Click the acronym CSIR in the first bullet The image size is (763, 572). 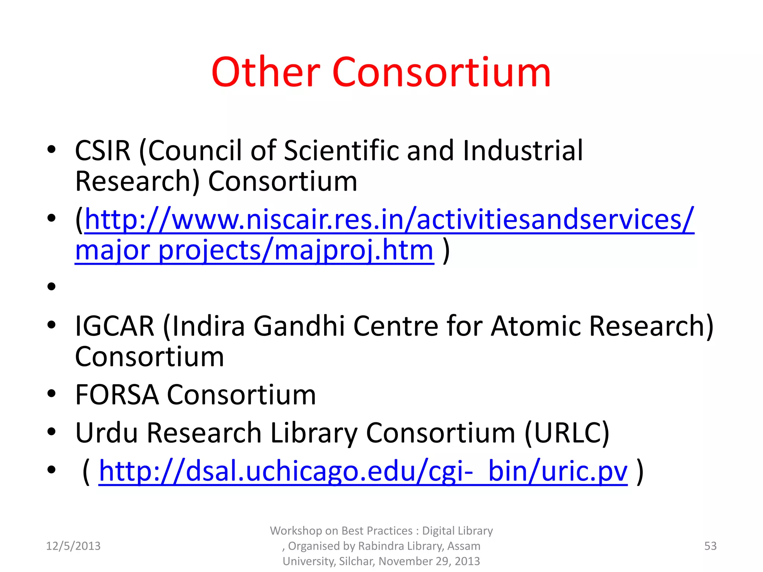(x=103, y=150)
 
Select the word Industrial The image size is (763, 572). (x=522, y=150)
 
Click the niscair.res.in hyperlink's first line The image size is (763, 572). (x=389, y=220)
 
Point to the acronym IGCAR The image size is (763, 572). (x=114, y=326)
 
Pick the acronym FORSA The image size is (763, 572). (x=117, y=395)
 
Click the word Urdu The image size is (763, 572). (x=107, y=433)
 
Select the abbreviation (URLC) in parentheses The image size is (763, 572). (x=567, y=433)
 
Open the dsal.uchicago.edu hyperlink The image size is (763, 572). (x=363, y=471)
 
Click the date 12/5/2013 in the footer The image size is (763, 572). (x=73, y=546)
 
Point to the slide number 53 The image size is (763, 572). (x=710, y=546)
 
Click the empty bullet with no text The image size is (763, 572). (x=51, y=286)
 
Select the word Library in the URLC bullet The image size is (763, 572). (x=314, y=433)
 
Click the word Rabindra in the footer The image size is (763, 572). (x=381, y=546)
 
